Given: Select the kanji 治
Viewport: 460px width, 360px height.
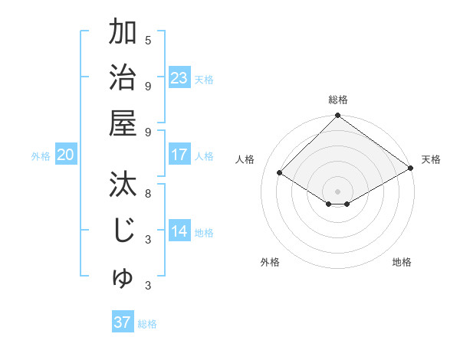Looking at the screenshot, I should pos(123,77).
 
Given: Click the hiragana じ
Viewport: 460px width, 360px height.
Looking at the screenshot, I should pos(123,231).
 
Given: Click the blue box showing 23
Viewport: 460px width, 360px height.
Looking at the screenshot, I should pos(179,78).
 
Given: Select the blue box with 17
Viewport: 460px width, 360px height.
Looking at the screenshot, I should pos(179,155).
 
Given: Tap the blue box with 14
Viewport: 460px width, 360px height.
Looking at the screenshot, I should pos(179,231).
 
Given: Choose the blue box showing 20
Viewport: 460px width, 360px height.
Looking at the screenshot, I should pos(65,155).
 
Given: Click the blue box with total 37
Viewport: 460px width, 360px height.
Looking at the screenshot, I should pos(122,322).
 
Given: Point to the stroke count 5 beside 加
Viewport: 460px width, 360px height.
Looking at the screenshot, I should pos(148,40).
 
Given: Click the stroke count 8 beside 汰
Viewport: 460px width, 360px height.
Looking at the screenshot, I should pos(148,193).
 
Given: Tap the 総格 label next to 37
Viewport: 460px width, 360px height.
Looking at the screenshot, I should pos(147,324).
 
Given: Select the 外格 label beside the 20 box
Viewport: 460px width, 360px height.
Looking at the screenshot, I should pos(41,156).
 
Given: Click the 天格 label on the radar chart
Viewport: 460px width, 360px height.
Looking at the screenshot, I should pos(431,159).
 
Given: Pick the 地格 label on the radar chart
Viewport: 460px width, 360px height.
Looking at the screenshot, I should pos(402,262).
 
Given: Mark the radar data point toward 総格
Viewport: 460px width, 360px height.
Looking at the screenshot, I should pos(337,116).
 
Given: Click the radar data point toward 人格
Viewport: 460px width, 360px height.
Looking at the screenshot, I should pos(280,173).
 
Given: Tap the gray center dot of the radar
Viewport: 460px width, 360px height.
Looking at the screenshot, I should pos(337,191).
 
